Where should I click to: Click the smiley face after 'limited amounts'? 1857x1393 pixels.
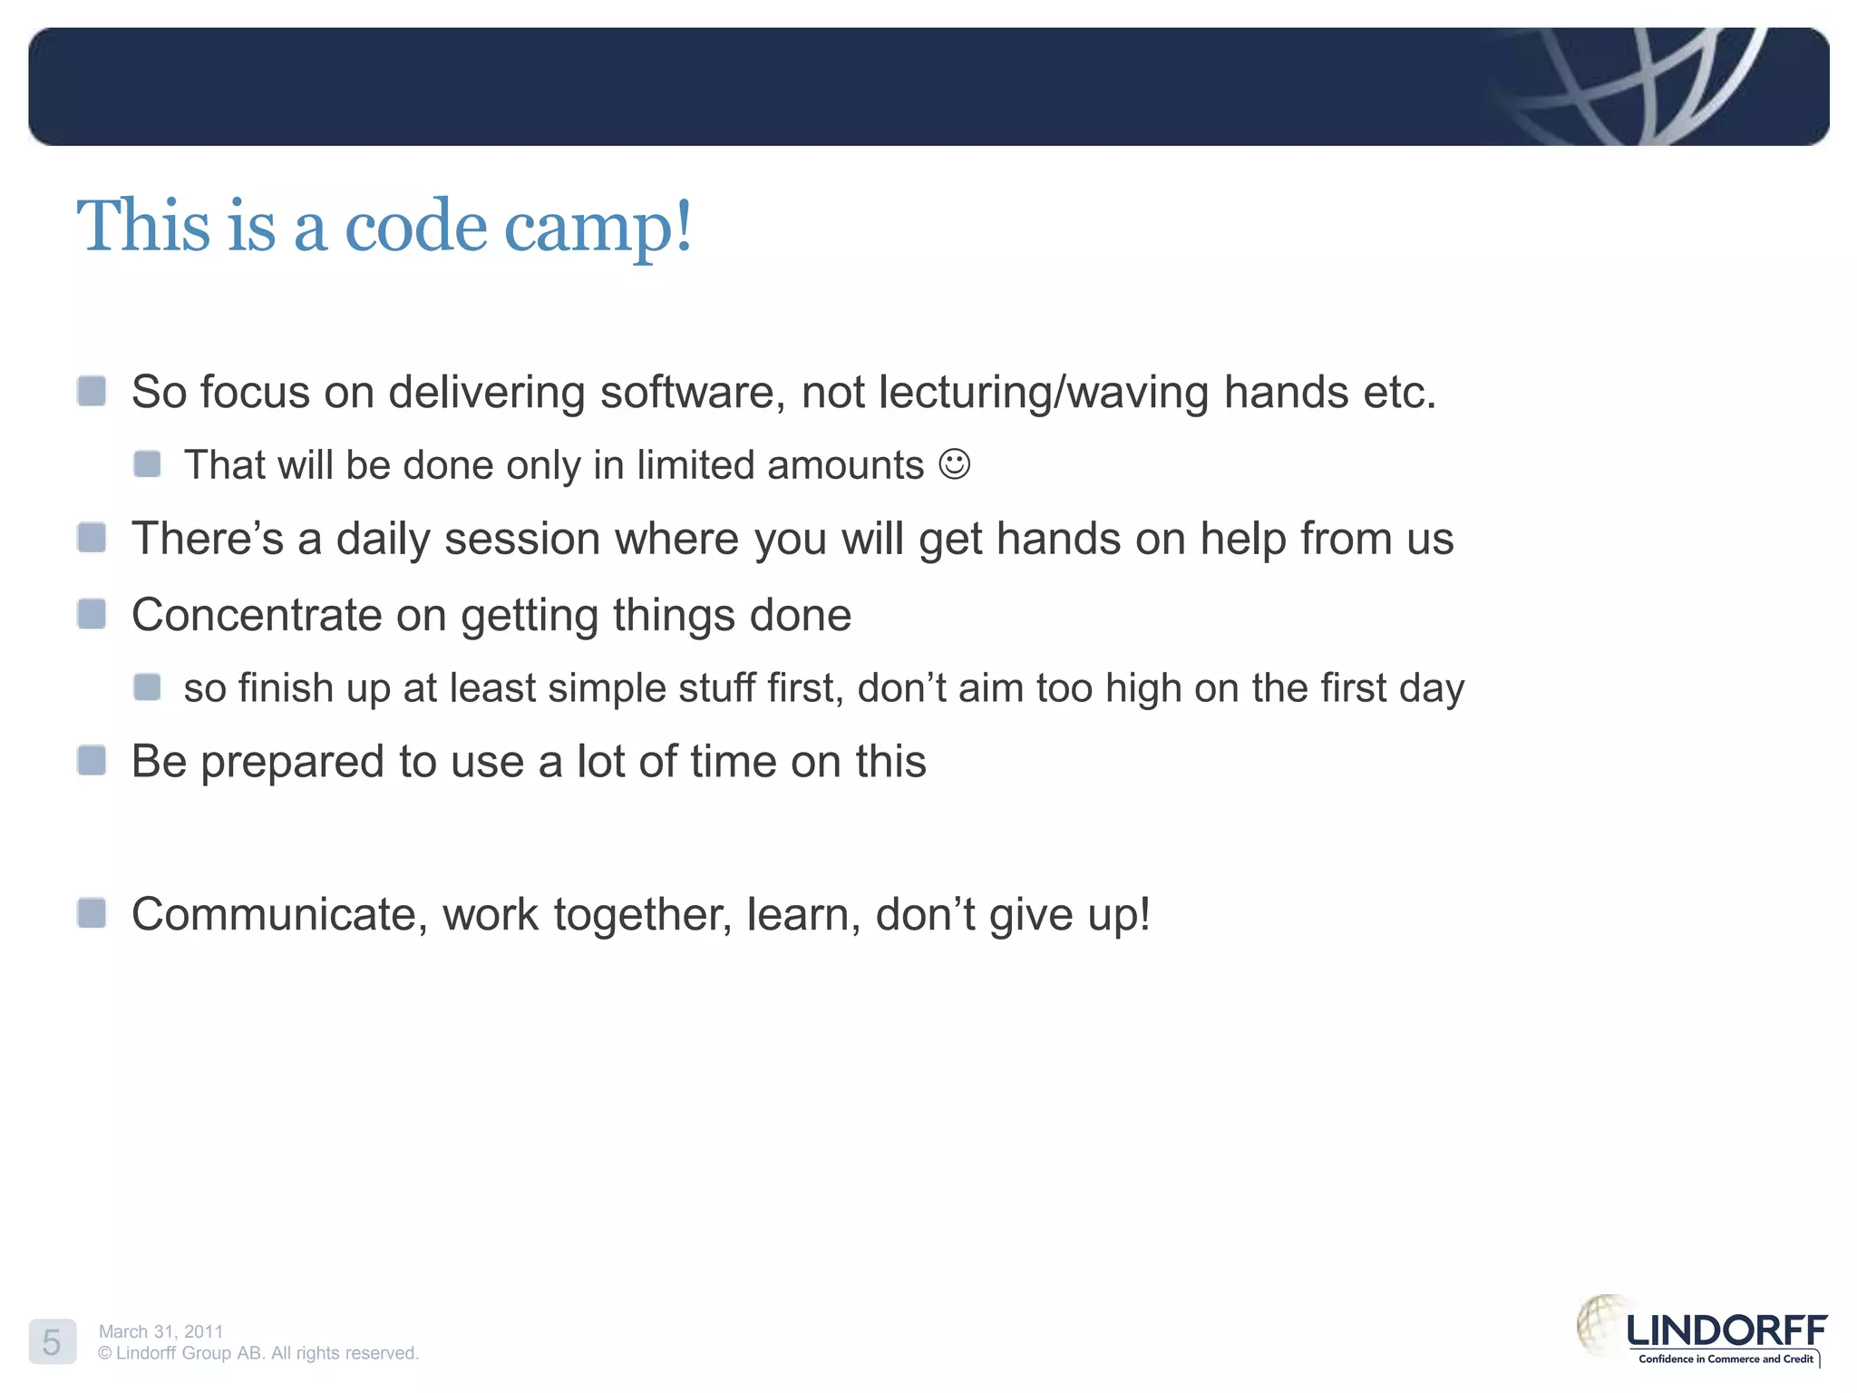(x=954, y=464)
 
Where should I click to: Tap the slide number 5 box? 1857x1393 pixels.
(x=52, y=1341)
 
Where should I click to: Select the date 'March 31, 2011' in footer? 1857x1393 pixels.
(x=160, y=1330)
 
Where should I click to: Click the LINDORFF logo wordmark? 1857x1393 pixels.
(x=1726, y=1330)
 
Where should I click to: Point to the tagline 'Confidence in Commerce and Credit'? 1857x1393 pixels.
(x=1726, y=1359)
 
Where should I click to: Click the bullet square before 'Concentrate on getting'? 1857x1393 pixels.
(x=92, y=614)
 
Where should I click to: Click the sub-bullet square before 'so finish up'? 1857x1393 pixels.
(x=147, y=687)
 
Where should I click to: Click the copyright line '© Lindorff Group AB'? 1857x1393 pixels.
(x=258, y=1353)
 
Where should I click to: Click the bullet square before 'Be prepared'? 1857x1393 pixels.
(x=92, y=760)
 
